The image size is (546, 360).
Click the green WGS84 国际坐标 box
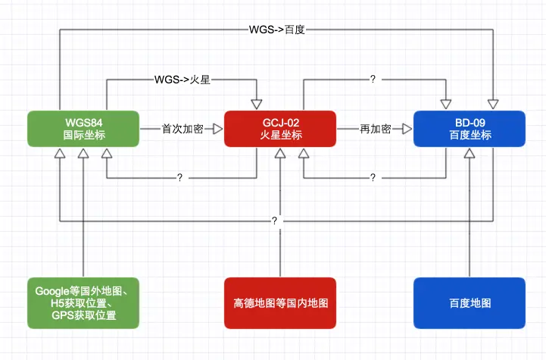pyautogui.click(x=83, y=129)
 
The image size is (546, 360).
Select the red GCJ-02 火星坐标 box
pyautogui.click(x=280, y=129)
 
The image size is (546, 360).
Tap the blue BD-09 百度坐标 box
pyautogui.click(x=470, y=129)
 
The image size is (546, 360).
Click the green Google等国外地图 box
pyautogui.click(x=83, y=302)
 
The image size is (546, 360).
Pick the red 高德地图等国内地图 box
pyautogui.click(x=280, y=302)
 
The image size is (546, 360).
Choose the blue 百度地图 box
pyautogui.click(x=470, y=302)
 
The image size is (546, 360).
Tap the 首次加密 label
pyautogui.click(x=182, y=130)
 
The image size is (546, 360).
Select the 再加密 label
pyautogui.click(x=375, y=130)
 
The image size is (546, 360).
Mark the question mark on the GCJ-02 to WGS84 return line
pyautogui.click(x=180, y=177)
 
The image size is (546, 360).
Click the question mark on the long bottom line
pyautogui.click(x=274, y=221)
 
